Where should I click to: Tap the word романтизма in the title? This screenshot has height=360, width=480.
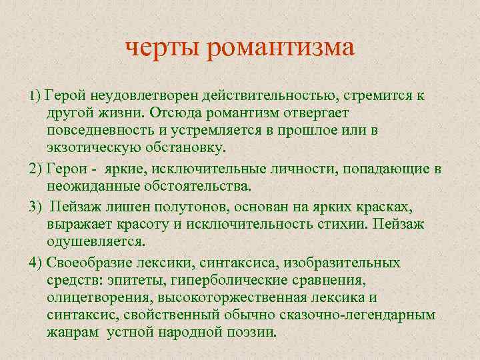click(x=280, y=48)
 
